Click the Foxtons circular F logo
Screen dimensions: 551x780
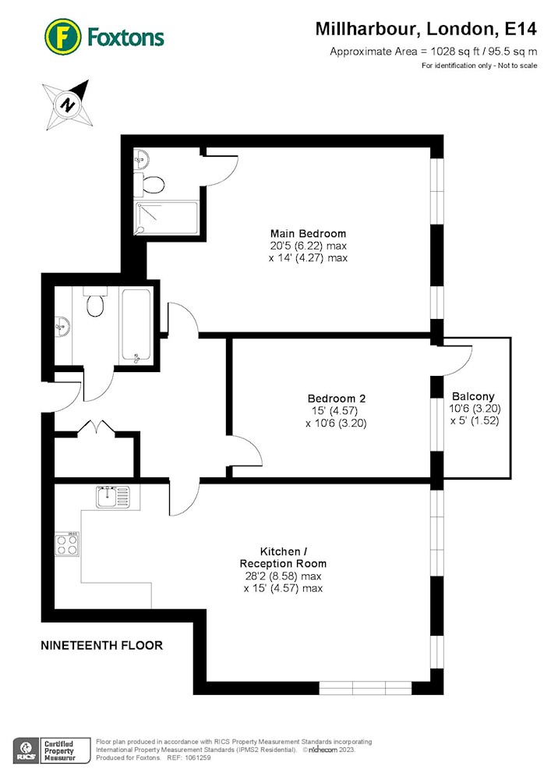click(x=62, y=37)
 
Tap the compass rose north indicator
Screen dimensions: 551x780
click(x=68, y=105)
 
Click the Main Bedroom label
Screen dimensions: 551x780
click(x=308, y=233)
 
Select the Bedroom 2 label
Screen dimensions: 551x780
click(x=337, y=399)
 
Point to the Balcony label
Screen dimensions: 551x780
click(x=473, y=396)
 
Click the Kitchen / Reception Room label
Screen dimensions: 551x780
click(x=283, y=558)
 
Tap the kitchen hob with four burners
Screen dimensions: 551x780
click(x=67, y=544)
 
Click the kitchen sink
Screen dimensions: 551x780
click(x=113, y=496)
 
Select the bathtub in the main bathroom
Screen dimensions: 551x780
click(x=136, y=326)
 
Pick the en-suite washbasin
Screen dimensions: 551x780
click(x=141, y=160)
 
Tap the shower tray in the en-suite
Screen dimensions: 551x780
click(x=167, y=218)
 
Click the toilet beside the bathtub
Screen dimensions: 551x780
click(x=94, y=301)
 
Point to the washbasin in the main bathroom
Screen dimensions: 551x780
click(x=62, y=326)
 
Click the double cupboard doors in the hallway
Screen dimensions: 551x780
click(x=97, y=428)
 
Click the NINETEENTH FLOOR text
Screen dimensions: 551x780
click(x=102, y=645)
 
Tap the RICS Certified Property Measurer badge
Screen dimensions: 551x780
click(x=51, y=750)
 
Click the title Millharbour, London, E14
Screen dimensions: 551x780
click(x=426, y=29)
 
